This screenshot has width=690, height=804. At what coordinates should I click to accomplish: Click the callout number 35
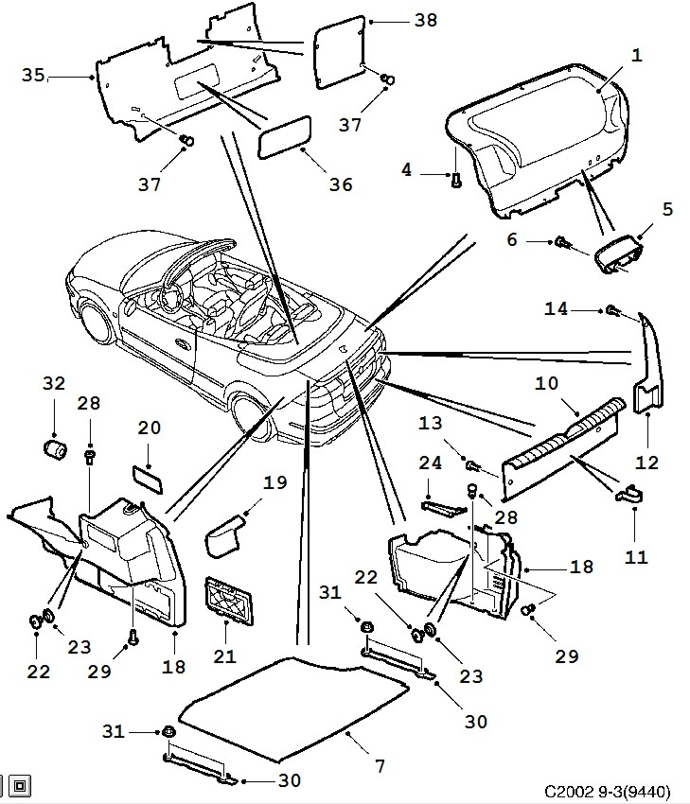(x=33, y=76)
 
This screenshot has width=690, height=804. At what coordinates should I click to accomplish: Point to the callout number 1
(x=636, y=56)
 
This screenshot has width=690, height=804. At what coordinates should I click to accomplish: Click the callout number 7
(x=380, y=765)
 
